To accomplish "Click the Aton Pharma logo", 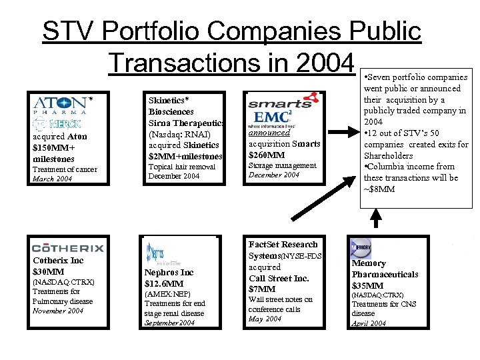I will [59, 105].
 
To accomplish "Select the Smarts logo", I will [279, 103].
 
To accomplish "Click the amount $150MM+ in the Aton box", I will [55, 148].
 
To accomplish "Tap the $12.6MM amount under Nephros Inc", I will [164, 284].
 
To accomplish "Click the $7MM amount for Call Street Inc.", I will [262, 289].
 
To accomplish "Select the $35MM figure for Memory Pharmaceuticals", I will [367, 285].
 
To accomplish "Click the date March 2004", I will [53, 179].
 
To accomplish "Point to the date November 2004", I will [58, 311].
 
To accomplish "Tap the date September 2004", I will [170, 323].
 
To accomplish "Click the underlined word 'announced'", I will [269, 133].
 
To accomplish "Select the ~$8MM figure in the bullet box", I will [379, 189].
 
